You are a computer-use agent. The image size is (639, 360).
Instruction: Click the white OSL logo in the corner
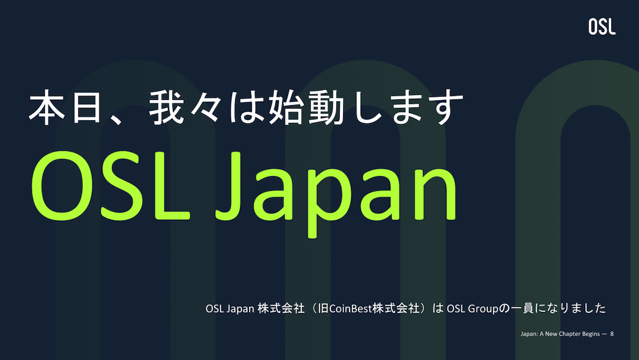pos(602,27)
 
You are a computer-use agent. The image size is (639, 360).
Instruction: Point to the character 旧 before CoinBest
pos(323,309)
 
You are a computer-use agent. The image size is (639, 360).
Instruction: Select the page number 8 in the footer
pos(612,333)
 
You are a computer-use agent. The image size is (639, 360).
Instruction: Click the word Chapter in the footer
pos(567,333)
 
